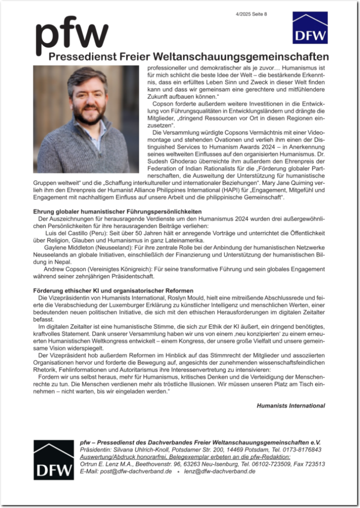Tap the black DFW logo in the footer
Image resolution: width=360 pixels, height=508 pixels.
pyautogui.click(x=53, y=459)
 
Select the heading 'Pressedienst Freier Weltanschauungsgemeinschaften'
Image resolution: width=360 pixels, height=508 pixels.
pyautogui.click(x=189, y=56)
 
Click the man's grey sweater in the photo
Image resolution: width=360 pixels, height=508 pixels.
pyautogui.click(x=85, y=150)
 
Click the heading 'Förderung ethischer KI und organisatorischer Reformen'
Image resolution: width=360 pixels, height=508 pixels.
pyautogui.click(x=113, y=291)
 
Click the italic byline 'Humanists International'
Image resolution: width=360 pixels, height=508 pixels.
pyautogui.click(x=290, y=406)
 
